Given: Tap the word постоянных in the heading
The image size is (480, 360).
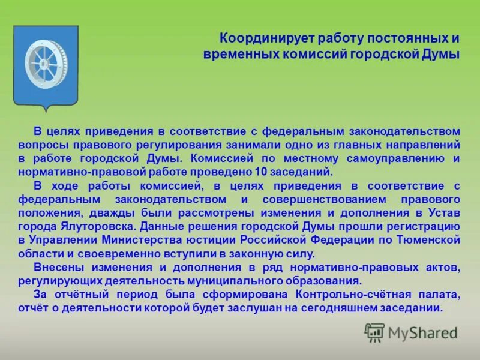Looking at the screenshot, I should [x=404, y=38].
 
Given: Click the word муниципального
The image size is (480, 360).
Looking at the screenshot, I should [x=229, y=280].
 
